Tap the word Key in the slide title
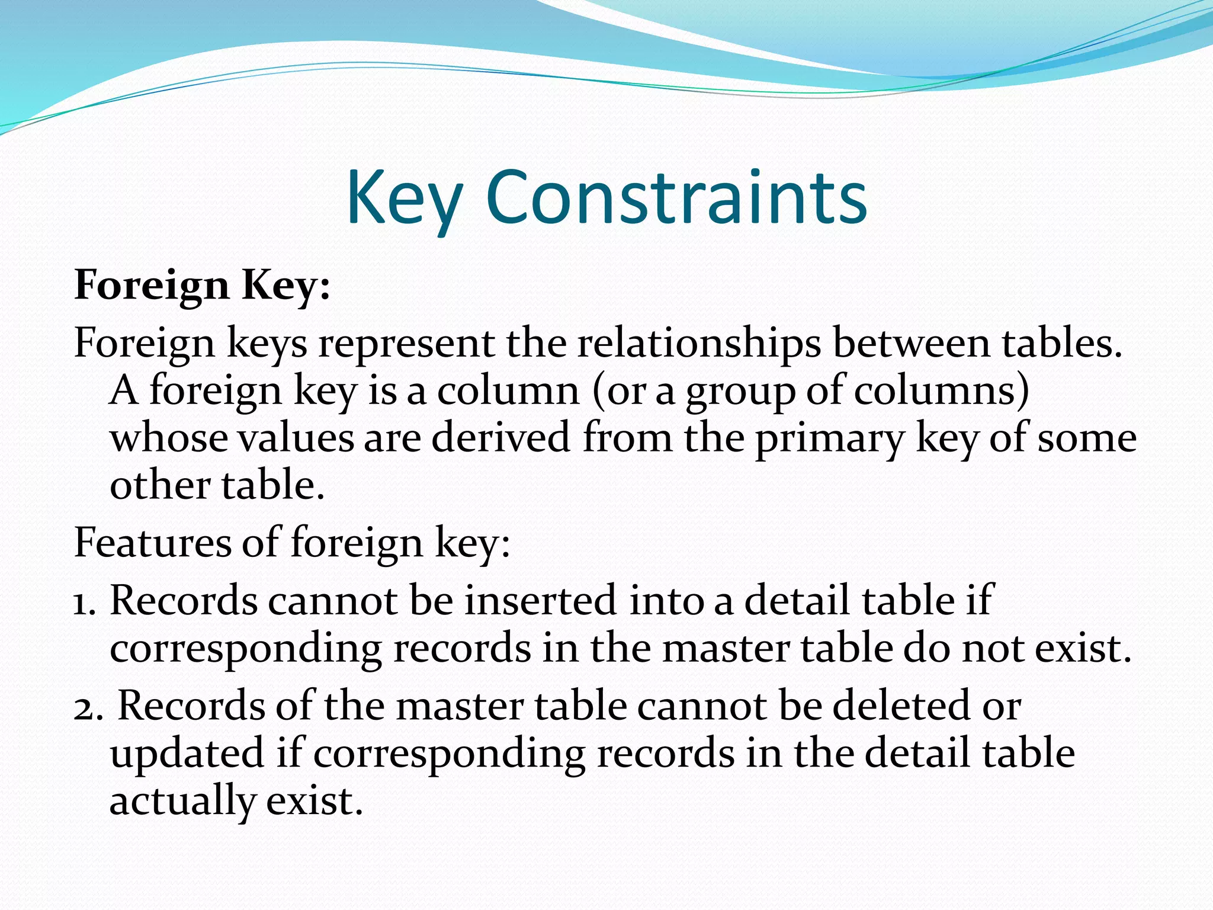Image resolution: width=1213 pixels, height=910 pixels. [404, 199]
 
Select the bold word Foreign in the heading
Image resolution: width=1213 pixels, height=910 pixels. [152, 286]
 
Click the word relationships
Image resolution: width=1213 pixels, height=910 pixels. [699, 344]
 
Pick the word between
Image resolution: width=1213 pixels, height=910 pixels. [912, 344]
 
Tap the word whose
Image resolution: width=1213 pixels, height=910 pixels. [169, 438]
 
